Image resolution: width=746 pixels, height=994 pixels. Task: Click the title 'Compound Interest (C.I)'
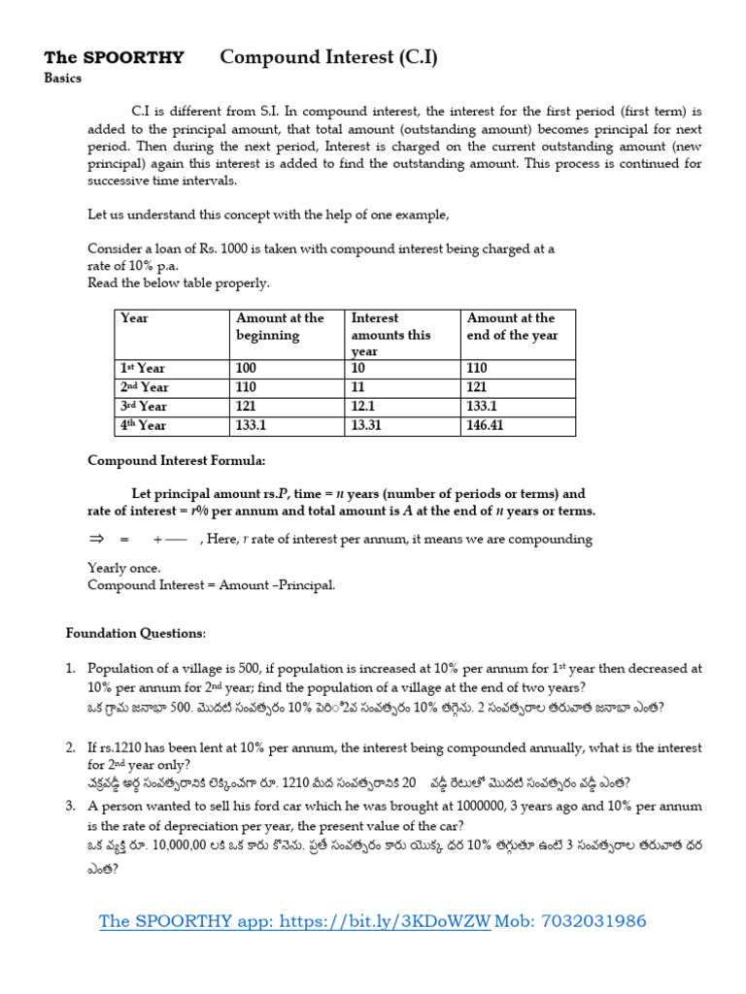tap(328, 57)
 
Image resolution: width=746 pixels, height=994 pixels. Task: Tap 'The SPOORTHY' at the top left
tap(114, 58)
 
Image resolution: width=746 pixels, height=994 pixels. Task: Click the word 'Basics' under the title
tap(63, 80)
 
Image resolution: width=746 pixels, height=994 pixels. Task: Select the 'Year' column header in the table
tap(134, 318)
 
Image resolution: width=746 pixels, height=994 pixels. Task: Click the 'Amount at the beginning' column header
tap(280, 326)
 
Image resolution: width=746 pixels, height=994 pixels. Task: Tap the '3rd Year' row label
tap(143, 407)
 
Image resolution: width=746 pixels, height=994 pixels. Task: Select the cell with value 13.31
tap(368, 425)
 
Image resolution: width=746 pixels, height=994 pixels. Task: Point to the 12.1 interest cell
tap(364, 407)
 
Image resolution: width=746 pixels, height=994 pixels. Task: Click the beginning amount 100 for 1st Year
tap(247, 369)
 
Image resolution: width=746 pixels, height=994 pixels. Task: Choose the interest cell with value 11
tap(358, 387)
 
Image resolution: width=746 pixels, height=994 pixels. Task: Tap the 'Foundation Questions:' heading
tap(136, 633)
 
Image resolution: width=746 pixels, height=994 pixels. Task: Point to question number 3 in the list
tap(71, 807)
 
